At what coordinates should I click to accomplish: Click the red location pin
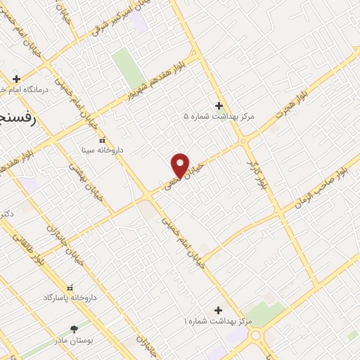(181, 165)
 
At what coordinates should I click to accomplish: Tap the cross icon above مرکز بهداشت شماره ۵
(219, 105)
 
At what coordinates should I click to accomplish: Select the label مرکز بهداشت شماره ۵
(219, 116)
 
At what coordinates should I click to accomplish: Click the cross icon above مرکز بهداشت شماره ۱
(218, 310)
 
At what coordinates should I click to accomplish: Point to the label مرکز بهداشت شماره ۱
(218, 321)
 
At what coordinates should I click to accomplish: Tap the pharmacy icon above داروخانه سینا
(103, 140)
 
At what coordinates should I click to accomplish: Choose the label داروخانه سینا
(103, 150)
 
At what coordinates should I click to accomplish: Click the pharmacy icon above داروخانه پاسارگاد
(69, 288)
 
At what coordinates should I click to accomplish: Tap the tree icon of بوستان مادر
(74, 329)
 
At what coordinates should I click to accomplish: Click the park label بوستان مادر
(73, 340)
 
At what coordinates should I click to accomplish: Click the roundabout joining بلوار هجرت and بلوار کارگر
(244, 141)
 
